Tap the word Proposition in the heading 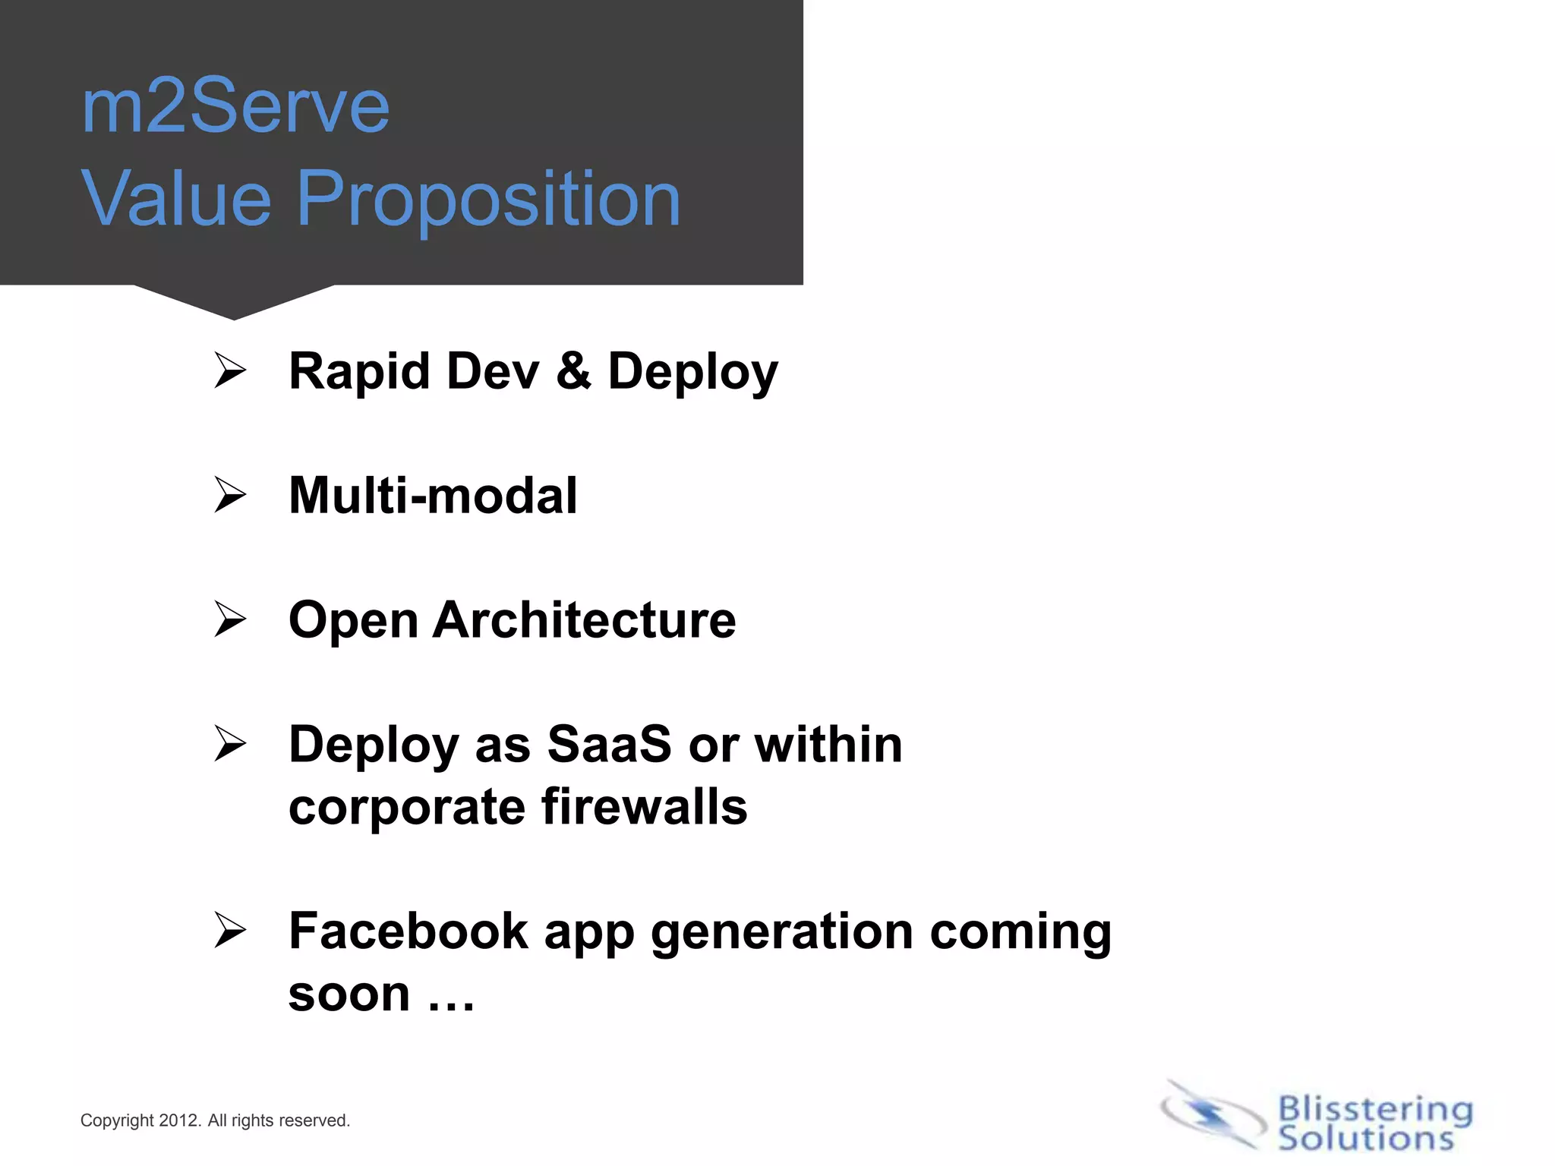489,199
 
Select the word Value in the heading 176,199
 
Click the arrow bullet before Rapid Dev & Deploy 229,370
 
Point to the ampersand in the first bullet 573,370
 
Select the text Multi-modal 433,496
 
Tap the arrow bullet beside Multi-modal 229,495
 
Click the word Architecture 584,620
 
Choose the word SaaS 609,744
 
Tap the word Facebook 408,931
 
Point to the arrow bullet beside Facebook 229,931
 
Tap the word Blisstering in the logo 1375,1110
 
